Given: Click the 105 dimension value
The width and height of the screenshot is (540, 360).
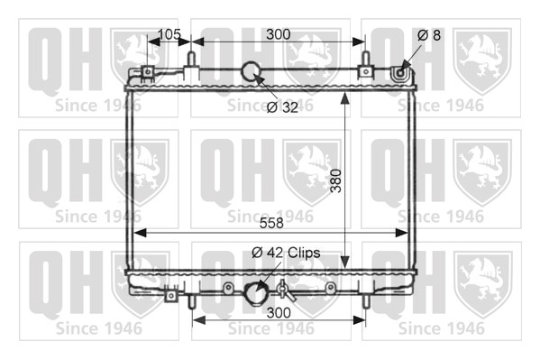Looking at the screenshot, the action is (169, 34).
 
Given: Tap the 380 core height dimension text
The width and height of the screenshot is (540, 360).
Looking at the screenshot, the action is (336, 181).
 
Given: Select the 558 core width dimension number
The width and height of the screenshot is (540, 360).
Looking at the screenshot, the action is (271, 223).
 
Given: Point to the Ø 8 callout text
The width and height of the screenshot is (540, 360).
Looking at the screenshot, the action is (429, 35).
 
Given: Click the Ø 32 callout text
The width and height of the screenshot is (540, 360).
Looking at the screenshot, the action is (282, 107).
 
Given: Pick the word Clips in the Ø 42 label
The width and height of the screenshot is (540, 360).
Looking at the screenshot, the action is (304, 253).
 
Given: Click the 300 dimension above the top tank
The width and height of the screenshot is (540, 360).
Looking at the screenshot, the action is (279, 34).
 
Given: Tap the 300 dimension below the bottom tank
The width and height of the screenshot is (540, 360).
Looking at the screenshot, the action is (279, 313).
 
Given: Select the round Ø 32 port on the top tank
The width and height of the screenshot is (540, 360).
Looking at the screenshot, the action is (252, 70).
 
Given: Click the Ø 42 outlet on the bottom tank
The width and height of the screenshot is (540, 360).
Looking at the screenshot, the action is (255, 293).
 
